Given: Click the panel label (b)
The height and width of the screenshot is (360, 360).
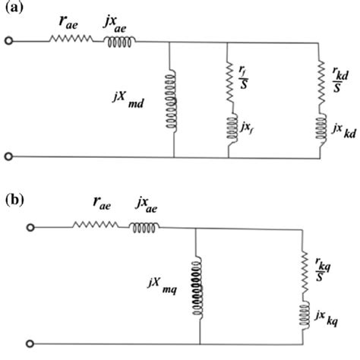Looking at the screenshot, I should [x=14, y=201].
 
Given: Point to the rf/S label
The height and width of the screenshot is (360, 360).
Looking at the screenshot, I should [x=242, y=74].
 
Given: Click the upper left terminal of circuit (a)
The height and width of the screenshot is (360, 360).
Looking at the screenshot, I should [x=8, y=40].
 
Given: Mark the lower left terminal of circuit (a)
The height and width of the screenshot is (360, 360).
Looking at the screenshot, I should [x=8, y=157].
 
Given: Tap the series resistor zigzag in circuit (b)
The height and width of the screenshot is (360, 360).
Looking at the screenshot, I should [x=93, y=226].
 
